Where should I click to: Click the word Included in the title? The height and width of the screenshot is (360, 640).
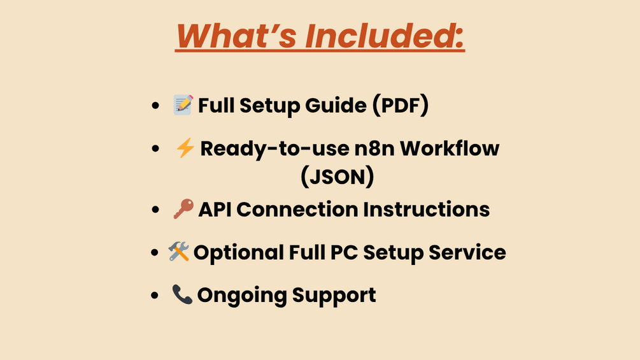pos(385,36)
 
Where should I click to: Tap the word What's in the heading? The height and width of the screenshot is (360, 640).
pos(236,36)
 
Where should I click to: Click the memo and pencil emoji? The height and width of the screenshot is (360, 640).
pos(183,104)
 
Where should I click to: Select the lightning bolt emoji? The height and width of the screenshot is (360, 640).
pos(185,148)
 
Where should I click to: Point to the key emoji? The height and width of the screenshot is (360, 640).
pos(183,208)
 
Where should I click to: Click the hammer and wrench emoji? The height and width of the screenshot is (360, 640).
pos(179,252)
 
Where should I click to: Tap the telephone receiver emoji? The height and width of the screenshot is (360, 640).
pos(182,294)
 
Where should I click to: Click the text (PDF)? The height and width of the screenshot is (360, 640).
pos(401,105)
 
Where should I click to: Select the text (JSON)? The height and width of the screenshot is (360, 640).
pos(337,176)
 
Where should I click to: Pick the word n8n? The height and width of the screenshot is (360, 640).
pos(374,148)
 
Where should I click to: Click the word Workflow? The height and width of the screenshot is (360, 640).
pos(450,148)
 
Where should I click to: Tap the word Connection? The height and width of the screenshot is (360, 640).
pos(297,210)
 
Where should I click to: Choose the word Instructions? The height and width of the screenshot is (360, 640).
pos(426,210)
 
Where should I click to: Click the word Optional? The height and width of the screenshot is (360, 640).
pos(238,253)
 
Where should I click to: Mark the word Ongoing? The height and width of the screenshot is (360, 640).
pos(242,296)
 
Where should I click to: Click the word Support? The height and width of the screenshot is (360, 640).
pos(334,296)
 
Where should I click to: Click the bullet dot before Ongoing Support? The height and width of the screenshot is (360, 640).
pos(155,295)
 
